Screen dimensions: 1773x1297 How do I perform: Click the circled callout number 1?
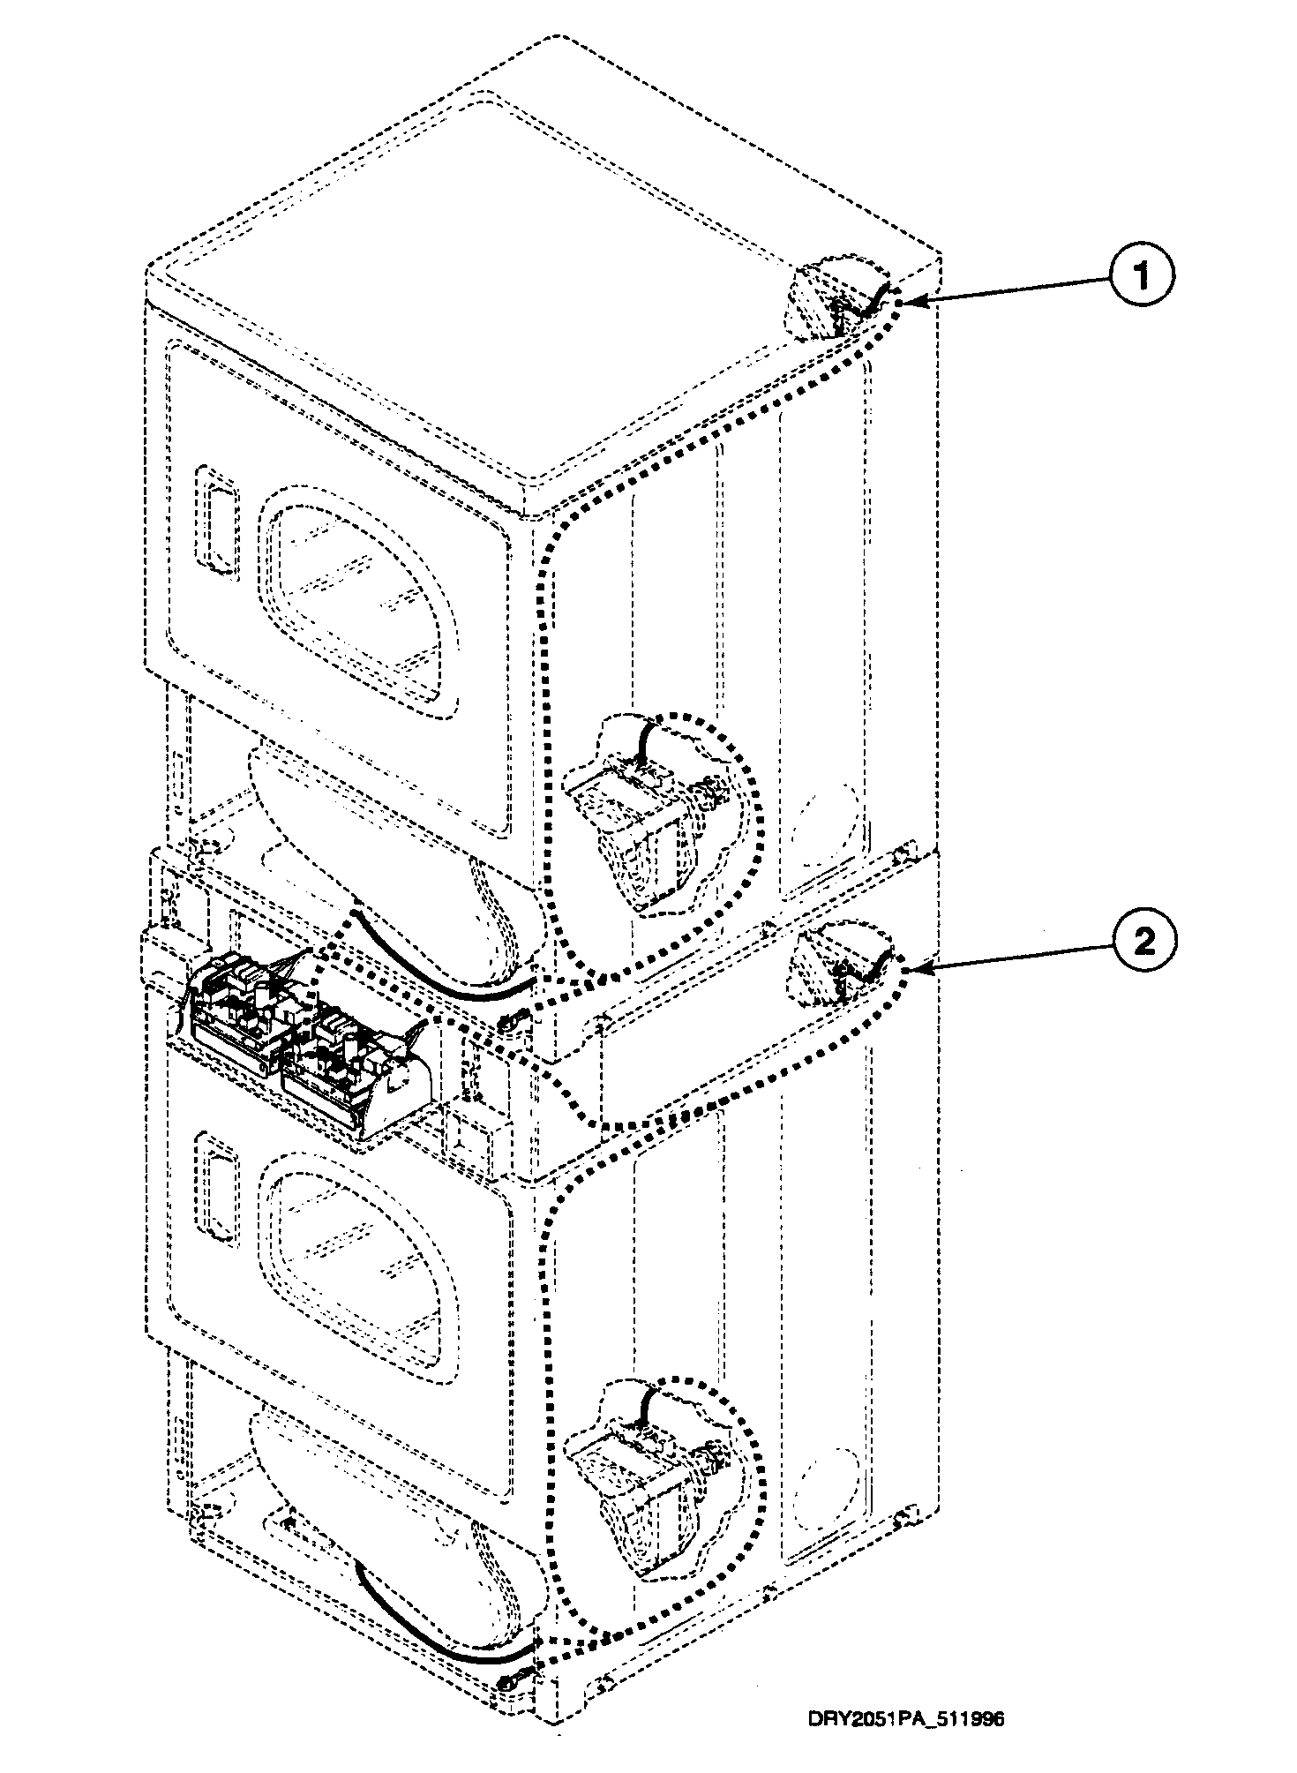[1143, 277]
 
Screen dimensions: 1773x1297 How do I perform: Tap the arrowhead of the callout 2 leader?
[909, 970]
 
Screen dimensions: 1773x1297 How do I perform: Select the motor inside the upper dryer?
[635, 816]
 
